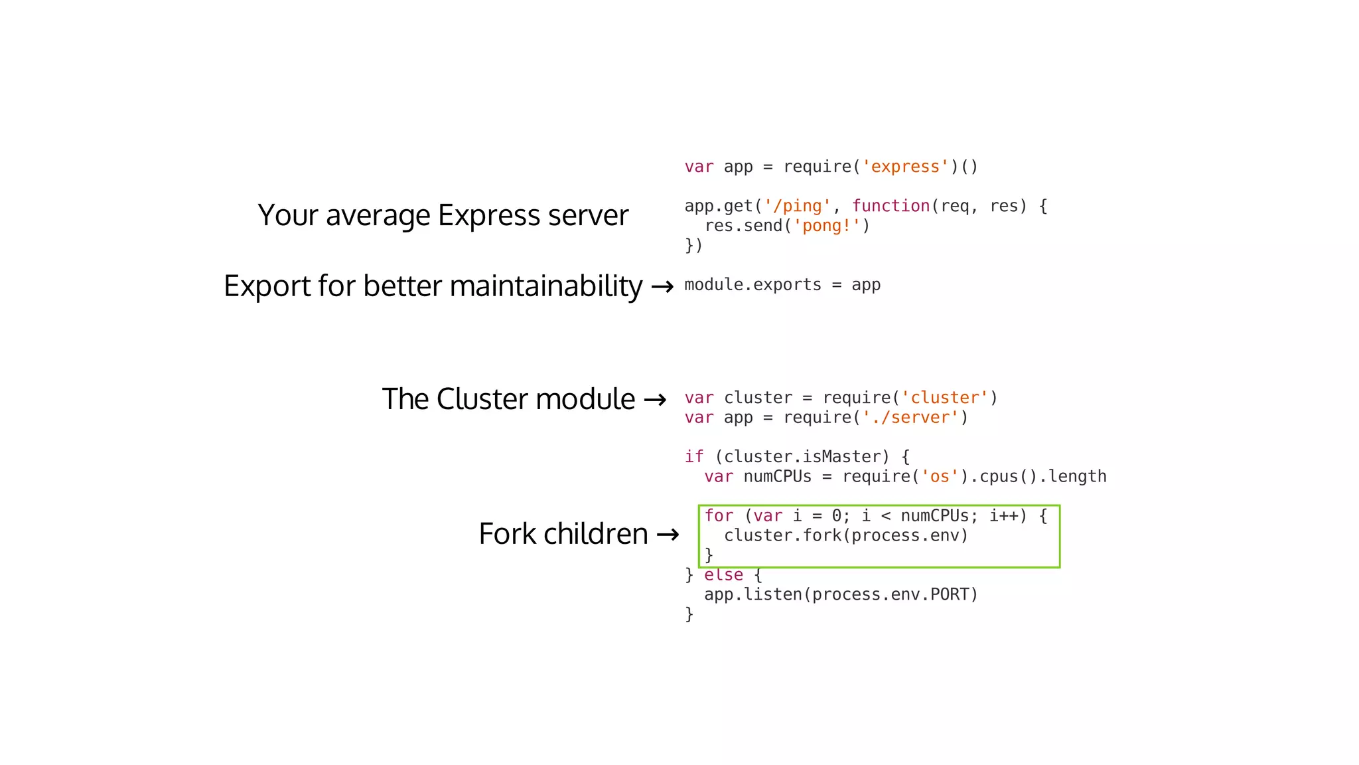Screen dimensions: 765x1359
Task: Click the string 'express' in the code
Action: [906, 167]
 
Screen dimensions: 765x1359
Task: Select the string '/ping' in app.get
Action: [797, 207]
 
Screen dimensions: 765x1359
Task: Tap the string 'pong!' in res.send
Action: [827, 226]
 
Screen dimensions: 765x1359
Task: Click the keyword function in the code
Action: [891, 207]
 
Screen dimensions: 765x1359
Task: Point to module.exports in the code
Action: [752, 285]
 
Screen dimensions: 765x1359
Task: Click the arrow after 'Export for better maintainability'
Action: [662, 288]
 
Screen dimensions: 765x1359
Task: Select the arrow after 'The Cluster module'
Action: [655, 400]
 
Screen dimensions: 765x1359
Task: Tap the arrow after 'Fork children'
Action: [668, 535]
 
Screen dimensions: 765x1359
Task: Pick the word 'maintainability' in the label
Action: [545, 286]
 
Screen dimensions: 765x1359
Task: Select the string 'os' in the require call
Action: [940, 477]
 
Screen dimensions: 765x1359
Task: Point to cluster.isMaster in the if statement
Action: [802, 457]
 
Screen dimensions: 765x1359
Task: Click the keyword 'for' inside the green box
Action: [719, 516]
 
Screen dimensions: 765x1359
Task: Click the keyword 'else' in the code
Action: [723, 575]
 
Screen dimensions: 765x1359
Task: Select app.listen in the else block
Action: [752, 594]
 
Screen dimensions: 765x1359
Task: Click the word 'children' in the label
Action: [595, 534]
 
